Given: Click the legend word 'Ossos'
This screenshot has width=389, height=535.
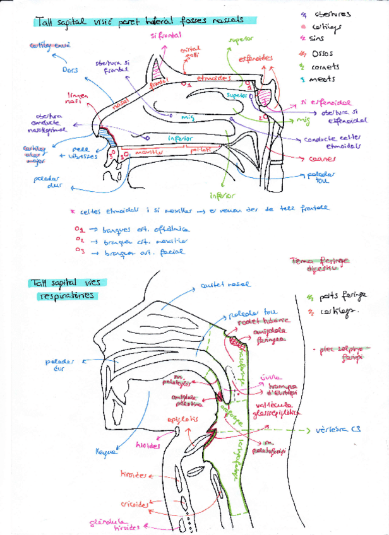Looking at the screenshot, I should coord(323,52).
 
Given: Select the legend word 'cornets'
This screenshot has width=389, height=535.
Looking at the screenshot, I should coord(325,66).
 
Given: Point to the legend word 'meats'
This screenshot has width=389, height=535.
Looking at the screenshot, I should coord(323,79).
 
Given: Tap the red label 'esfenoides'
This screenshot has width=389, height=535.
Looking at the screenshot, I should coord(256,59).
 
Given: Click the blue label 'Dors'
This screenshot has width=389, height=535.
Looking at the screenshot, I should coord(70,70).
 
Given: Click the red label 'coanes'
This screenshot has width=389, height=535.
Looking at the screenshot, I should coord(321,159).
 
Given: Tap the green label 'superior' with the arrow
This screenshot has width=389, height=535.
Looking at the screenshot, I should coord(240,39).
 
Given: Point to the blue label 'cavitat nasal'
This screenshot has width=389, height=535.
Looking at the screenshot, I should coord(225,285).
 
